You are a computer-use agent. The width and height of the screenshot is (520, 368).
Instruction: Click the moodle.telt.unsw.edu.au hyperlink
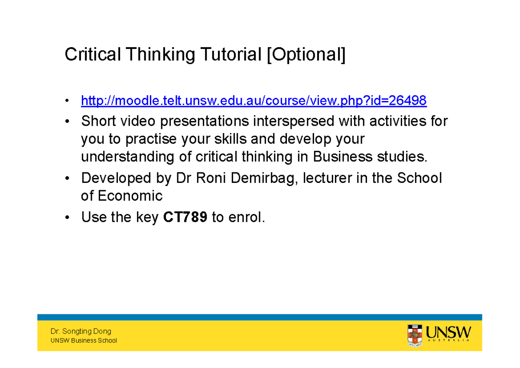click(253, 101)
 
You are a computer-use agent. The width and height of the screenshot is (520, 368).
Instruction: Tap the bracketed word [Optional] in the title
click(306, 56)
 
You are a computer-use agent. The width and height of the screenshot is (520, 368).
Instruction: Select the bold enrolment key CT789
click(185, 218)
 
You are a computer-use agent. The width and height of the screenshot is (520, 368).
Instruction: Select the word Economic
click(130, 196)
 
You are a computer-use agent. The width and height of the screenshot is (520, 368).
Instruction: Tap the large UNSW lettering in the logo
click(448, 333)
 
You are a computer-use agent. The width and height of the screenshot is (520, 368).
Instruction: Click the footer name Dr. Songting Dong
click(81, 332)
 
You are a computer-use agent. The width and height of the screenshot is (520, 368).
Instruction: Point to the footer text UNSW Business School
click(84, 341)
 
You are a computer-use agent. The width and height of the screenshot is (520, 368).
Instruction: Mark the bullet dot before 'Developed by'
click(67, 179)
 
